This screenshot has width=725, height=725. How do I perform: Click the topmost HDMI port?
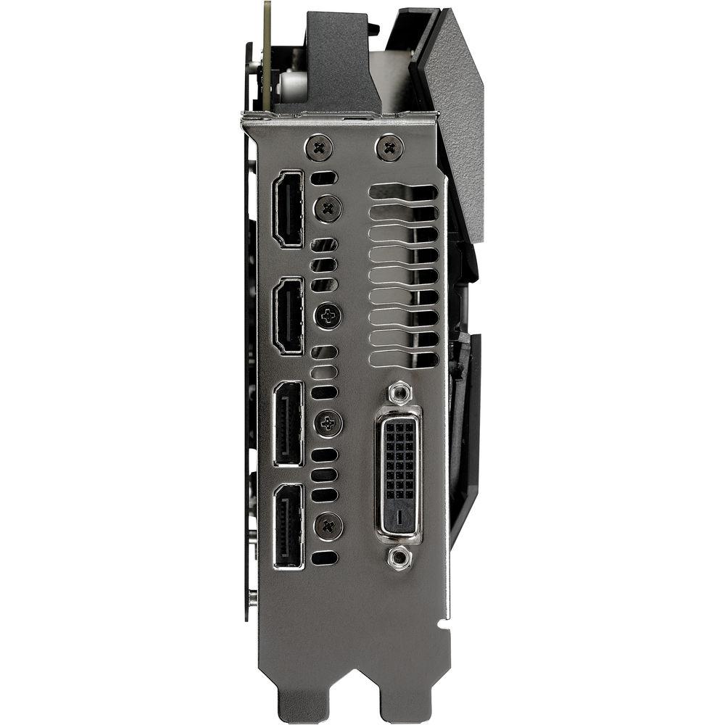(x=287, y=209)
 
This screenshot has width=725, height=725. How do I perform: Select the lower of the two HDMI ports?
(x=288, y=316)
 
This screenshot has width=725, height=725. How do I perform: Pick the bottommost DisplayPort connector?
(x=289, y=526)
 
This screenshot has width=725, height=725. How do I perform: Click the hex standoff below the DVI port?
(x=397, y=557)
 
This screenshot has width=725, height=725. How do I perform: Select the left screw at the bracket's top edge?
(x=319, y=148)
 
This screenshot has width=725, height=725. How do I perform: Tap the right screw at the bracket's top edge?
(x=390, y=149)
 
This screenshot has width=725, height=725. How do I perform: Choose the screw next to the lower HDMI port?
(x=328, y=315)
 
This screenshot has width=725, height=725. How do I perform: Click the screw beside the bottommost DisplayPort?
(x=328, y=525)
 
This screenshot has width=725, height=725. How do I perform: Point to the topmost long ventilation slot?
(x=404, y=193)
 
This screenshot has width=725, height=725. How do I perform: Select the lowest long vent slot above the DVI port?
(x=404, y=360)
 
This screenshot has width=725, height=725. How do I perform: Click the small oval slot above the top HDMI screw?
(x=323, y=178)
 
